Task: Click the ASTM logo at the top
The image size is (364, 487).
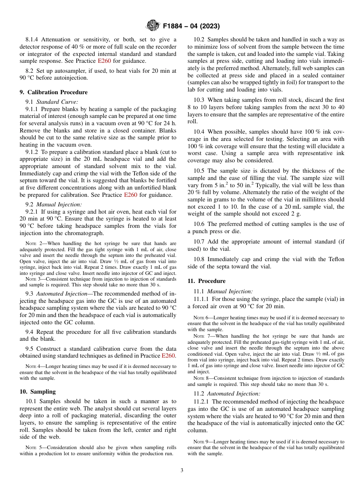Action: click(x=152, y=26)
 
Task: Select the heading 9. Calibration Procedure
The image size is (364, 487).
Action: click(x=54, y=92)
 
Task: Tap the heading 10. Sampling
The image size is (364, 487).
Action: click(x=38, y=392)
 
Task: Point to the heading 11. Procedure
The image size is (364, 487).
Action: click(x=207, y=281)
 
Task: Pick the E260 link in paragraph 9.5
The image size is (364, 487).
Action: click(x=168, y=356)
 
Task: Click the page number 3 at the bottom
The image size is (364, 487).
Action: click(x=182, y=471)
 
